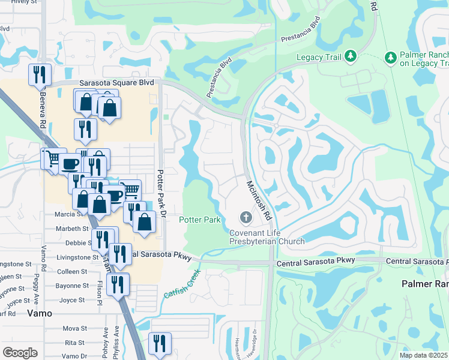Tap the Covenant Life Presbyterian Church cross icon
(245, 217)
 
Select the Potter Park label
(200, 220)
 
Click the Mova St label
(74, 329)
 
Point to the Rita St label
(74, 343)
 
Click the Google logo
(20, 352)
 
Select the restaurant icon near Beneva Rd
(40, 74)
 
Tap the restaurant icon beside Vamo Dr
(160, 343)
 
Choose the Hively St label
(18, 2)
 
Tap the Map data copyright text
(424, 355)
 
